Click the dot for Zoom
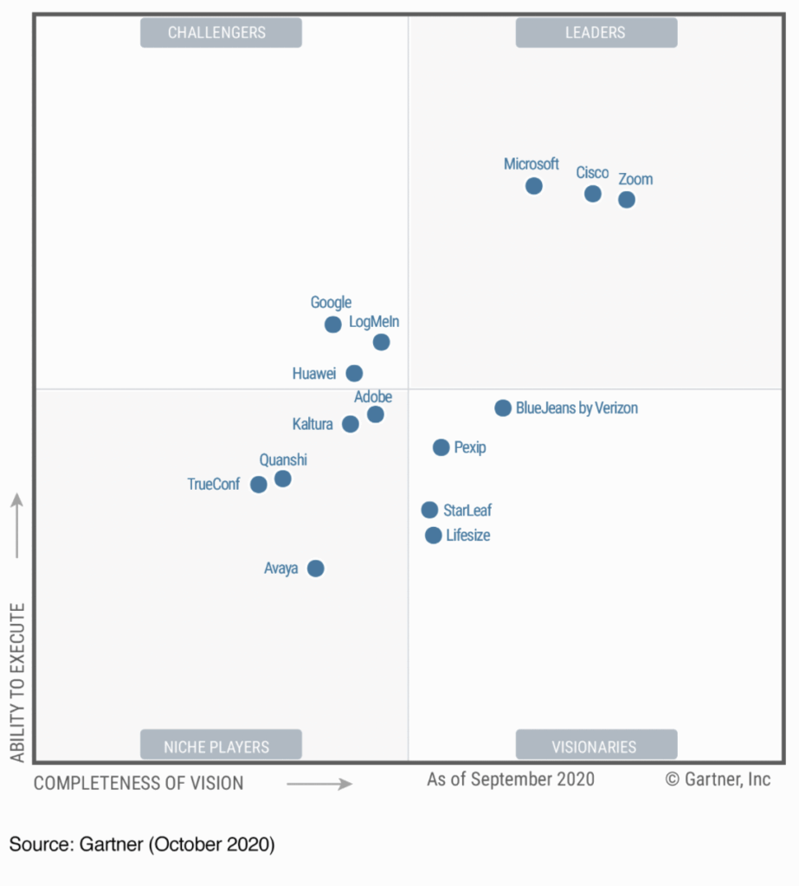tap(626, 200)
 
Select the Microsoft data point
tap(534, 186)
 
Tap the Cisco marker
tap(592, 194)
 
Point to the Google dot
tap(332, 324)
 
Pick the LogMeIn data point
tap(381, 343)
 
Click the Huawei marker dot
tap(354, 374)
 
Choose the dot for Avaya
tap(316, 568)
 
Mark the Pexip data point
tap(441, 447)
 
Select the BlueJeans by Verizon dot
tap(503, 408)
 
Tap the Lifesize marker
tap(433, 536)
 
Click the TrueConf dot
tap(258, 485)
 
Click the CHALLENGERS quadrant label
tap(221, 33)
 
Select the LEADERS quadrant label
tap(596, 33)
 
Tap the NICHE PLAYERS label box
tap(221, 746)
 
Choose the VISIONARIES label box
tap(596, 746)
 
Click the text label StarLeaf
tap(467, 510)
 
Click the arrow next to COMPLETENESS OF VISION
tap(319, 784)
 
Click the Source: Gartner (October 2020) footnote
tap(142, 844)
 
